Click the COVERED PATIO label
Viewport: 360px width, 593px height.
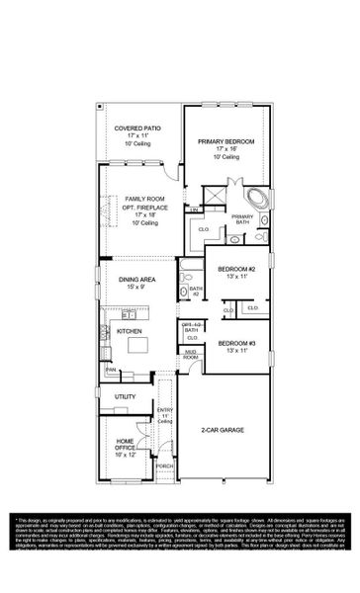135,127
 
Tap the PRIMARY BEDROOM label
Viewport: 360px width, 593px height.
225,141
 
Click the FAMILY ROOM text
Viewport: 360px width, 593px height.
143,199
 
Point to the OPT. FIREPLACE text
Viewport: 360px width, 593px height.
143,207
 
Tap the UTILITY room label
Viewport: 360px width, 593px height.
125,396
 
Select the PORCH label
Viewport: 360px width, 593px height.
165,466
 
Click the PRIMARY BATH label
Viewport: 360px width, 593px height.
241,218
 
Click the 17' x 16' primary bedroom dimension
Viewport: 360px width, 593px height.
225,149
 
